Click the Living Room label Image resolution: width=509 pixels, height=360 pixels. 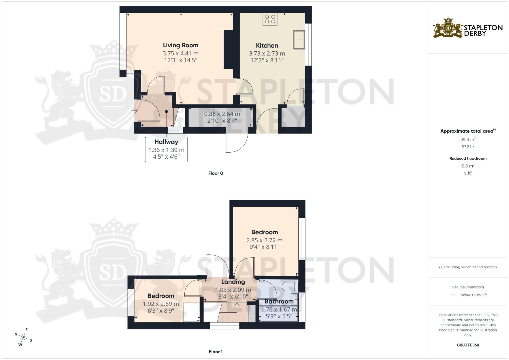click(180, 45)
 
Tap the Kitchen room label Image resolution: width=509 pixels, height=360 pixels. click(267, 46)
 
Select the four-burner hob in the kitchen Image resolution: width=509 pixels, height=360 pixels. click(270, 19)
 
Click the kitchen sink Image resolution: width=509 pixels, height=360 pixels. click(299, 40)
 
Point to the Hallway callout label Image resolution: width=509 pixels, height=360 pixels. click(166, 142)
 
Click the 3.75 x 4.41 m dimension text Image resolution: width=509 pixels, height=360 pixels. click(180, 53)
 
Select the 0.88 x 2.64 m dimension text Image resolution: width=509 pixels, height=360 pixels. click(222, 114)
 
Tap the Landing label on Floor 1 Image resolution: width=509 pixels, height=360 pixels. click(233, 282)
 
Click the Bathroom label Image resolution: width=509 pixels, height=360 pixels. click(279, 302)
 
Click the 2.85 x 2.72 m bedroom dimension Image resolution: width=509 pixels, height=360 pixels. click(264, 240)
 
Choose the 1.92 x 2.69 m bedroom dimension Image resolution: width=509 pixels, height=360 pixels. click(161, 304)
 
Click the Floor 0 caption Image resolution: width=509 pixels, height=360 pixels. click(215, 173)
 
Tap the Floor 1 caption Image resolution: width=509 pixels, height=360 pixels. click(215, 352)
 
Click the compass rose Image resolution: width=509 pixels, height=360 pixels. click(23, 337)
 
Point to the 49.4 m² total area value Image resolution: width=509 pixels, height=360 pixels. click(468, 140)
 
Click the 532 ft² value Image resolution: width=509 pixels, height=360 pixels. click(468, 147)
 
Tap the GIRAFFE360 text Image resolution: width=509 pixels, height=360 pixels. click(468, 345)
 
